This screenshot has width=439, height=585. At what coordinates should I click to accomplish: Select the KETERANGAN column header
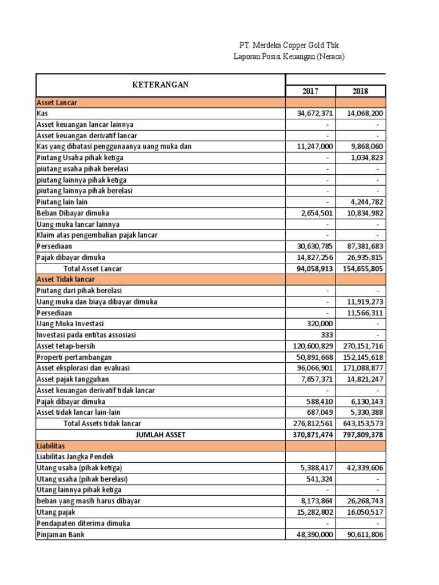[160, 85]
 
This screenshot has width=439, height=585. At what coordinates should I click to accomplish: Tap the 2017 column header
[310, 91]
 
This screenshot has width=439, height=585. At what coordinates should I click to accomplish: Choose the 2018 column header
[361, 91]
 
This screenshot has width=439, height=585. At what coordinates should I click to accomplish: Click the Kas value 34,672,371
[312, 114]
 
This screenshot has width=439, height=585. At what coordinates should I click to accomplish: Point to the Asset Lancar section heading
[57, 103]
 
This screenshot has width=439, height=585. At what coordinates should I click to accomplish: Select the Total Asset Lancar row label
[92, 269]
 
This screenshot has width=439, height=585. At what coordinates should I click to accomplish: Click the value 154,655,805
[362, 269]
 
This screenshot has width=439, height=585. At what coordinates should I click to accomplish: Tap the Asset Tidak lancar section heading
[66, 279]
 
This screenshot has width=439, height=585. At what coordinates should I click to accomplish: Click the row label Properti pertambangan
[74, 357]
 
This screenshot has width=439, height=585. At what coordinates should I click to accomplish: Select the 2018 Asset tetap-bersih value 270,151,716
[362, 346]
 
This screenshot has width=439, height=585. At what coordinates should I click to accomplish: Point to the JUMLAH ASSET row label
[160, 435]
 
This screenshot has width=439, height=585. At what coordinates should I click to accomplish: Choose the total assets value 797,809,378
[362, 435]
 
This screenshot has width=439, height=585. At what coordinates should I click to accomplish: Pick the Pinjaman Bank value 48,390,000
[312, 535]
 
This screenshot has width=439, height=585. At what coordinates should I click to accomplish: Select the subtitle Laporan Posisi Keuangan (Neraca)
[290, 57]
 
